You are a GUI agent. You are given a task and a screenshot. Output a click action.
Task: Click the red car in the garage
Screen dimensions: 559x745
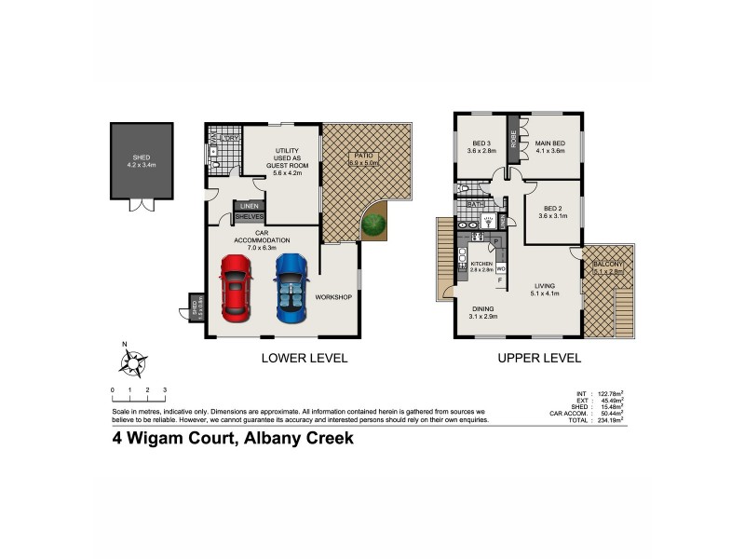click(x=235, y=286)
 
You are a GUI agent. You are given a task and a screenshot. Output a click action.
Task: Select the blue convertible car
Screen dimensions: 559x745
click(x=290, y=286)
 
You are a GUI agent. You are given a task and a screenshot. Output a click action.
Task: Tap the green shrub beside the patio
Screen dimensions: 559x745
click(x=373, y=225)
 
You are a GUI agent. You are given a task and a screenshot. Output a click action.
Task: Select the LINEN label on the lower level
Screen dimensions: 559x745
click(x=248, y=206)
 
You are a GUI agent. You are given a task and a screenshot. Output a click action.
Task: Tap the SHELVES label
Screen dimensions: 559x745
click(x=248, y=216)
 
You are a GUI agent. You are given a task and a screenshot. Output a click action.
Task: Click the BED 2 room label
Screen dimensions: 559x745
click(x=552, y=211)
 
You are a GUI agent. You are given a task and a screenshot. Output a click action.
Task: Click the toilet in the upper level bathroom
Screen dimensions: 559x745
click(x=463, y=188)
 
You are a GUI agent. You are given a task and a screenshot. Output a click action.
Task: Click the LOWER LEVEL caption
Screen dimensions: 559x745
click(x=304, y=358)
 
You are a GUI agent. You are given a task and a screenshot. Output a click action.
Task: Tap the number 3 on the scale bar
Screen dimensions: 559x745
click(x=164, y=389)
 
